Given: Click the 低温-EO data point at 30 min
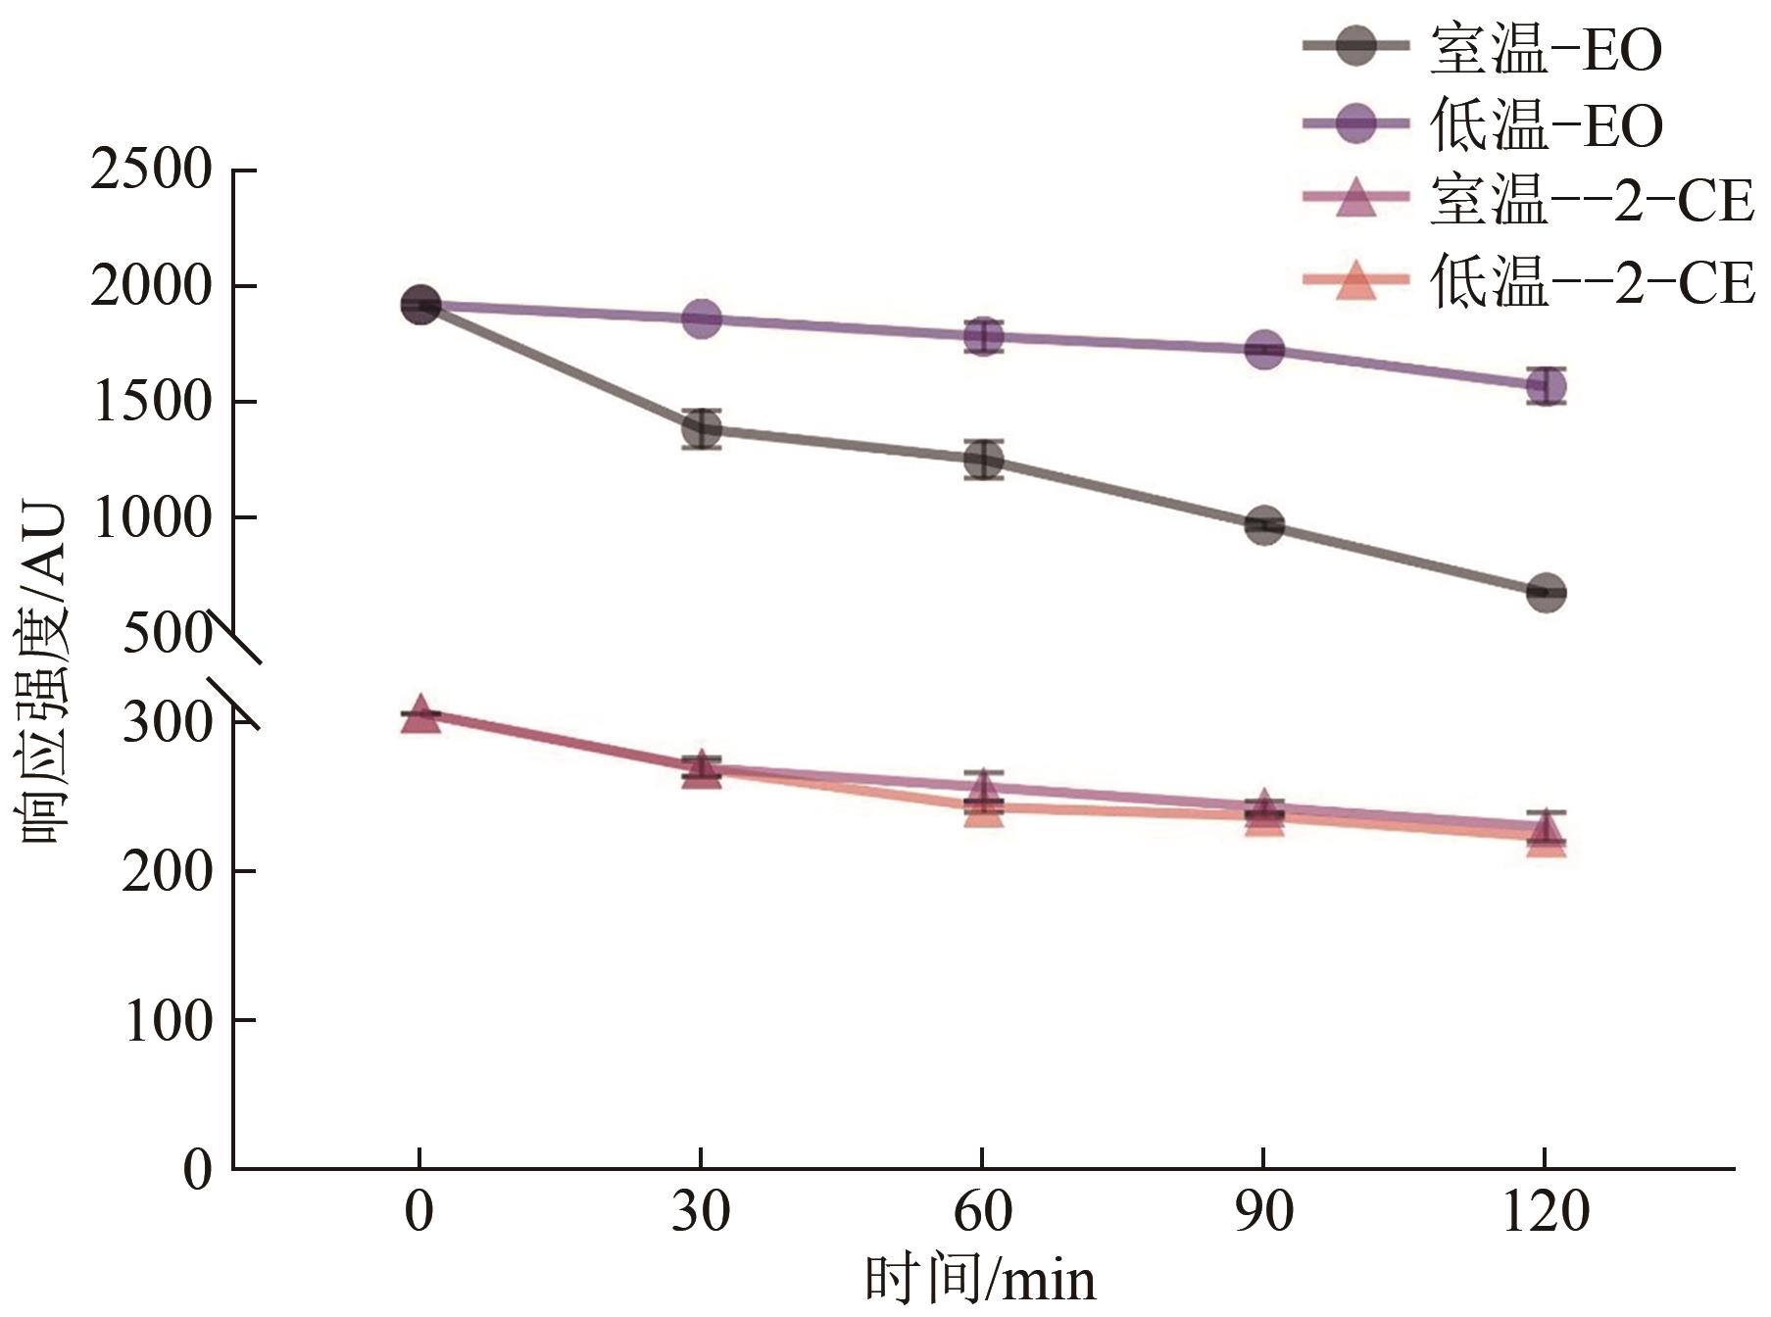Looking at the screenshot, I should click(702, 318).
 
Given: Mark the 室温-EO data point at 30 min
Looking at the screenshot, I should click(702, 429).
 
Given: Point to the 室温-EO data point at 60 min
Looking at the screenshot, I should click(983, 460).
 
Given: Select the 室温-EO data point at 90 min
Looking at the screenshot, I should click(1264, 525).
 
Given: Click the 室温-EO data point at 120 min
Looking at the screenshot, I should click(1546, 593).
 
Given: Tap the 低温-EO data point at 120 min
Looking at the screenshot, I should click(1546, 386).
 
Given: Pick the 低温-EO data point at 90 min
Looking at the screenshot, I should click(1264, 350).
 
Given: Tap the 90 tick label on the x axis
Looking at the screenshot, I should click(1264, 1213).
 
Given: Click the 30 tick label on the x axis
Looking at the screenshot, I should click(702, 1213).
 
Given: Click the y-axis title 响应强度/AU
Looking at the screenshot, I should click(44, 676).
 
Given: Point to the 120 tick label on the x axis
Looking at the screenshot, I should click(1546, 1213).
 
